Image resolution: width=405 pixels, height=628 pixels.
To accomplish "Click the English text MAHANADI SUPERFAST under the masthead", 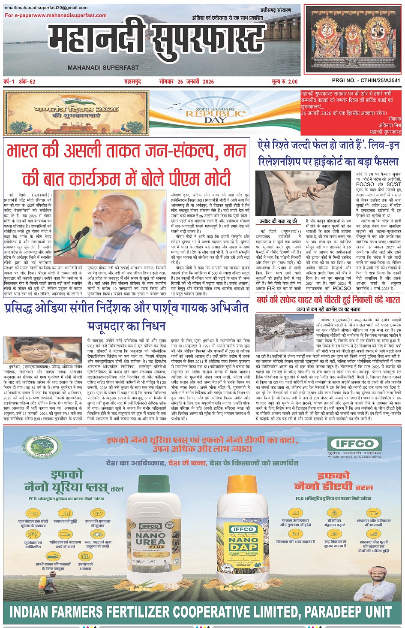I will [103, 67].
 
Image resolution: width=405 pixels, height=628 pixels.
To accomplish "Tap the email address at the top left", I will [46, 8].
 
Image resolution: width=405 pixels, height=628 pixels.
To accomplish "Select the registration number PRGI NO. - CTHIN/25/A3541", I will [366, 81].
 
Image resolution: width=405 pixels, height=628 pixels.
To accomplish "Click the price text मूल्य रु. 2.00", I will [285, 82].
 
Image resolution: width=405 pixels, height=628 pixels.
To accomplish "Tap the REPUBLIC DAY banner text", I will [216, 115].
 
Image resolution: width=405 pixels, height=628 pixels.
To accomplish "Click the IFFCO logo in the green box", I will [354, 444].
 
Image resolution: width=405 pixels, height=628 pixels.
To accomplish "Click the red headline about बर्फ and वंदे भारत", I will [328, 300].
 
